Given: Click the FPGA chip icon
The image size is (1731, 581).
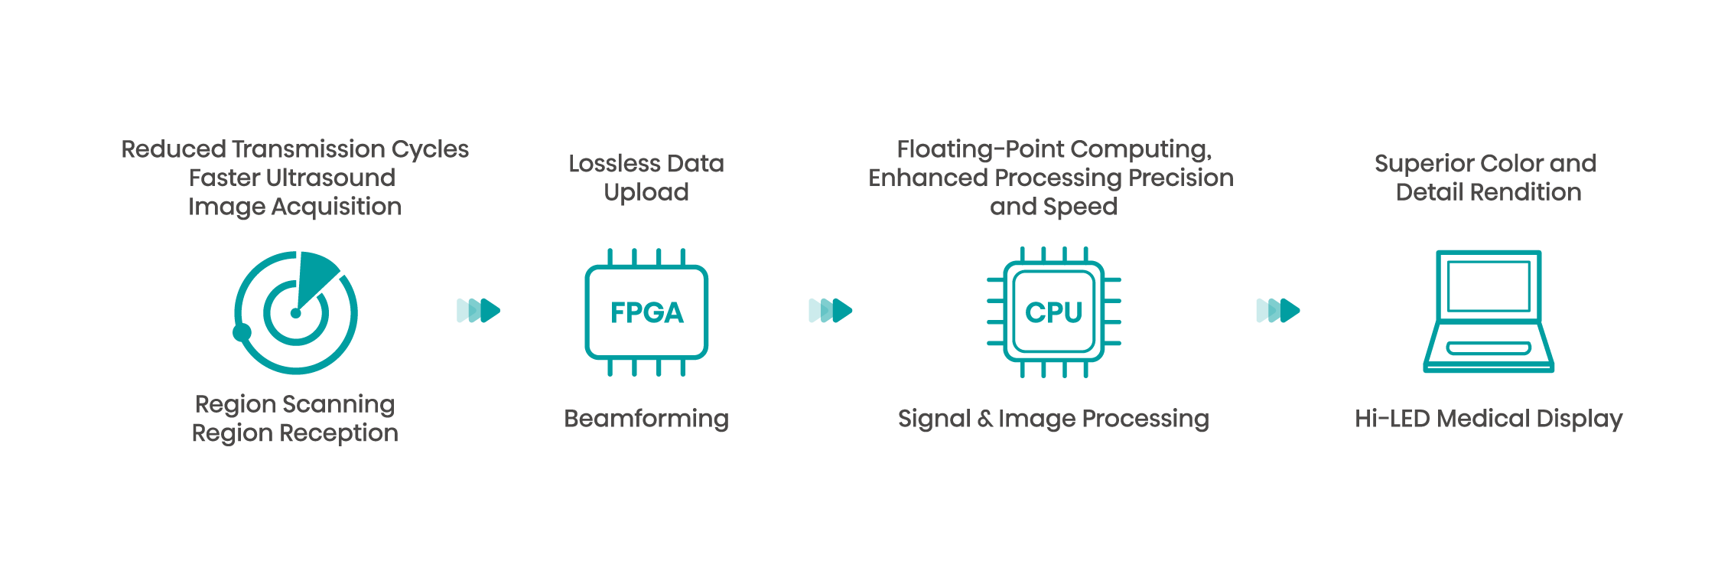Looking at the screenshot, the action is tap(646, 312).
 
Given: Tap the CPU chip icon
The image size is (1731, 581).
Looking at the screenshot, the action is tap(1053, 312).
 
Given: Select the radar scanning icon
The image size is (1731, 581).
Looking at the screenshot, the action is tap(295, 312).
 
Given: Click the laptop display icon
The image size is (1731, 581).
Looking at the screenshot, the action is tap(1489, 312).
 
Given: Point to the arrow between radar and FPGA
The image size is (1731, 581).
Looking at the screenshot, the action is tap(478, 311).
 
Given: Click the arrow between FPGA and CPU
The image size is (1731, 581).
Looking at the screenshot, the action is tap(830, 311).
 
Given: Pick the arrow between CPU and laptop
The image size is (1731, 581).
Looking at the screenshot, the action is tap(1278, 311).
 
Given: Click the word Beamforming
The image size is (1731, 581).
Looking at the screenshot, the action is tap(646, 419).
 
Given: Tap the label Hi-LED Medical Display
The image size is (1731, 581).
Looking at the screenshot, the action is tap(1489, 419).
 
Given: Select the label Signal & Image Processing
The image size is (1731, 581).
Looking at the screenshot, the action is tap(1053, 419).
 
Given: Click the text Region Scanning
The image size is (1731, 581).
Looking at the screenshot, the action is tap(295, 404).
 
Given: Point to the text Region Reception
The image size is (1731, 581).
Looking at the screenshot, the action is tap(295, 433).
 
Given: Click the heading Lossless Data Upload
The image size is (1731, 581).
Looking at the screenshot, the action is tap(646, 178).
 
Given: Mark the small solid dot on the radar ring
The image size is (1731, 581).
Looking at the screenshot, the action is tap(242, 332).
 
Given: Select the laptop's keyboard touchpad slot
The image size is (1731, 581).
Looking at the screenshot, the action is tap(1489, 349).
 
